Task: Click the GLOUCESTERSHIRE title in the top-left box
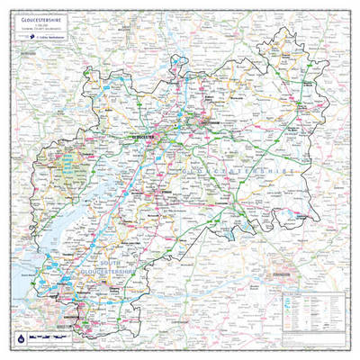pos(40,15)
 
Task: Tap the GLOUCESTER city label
pos(143,136)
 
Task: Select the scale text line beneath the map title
pos(36,24)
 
